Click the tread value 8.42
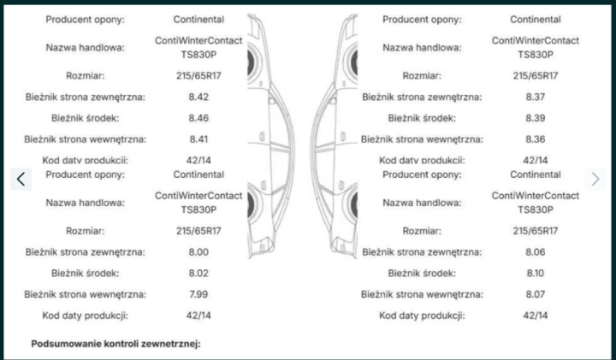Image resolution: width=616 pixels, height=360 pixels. [x=198, y=97]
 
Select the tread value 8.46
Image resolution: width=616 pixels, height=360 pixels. [x=198, y=118]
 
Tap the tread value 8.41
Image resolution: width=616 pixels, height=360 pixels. [x=198, y=139]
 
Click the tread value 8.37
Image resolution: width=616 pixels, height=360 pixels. [x=535, y=97]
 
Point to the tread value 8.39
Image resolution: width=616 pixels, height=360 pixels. [x=535, y=118]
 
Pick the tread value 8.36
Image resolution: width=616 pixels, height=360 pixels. [x=535, y=139]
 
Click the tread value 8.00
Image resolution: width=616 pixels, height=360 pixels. [x=198, y=252]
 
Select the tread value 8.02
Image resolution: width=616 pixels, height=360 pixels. [x=198, y=274]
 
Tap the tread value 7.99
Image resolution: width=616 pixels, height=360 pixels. [x=198, y=294]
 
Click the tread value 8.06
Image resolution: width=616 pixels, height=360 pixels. [x=535, y=252]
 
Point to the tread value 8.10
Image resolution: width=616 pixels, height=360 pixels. [x=535, y=274]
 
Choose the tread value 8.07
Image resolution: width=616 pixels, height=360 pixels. [x=535, y=294]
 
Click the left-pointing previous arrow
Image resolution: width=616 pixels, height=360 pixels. [x=21, y=179]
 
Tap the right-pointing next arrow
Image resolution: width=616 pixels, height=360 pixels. [x=595, y=179]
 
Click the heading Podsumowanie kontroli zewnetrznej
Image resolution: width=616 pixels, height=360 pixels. [x=115, y=344]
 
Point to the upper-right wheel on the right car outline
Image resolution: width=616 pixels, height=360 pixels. [x=354, y=62]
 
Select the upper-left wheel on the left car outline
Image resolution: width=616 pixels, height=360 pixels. [x=251, y=62]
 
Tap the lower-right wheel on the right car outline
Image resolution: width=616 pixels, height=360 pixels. [x=354, y=205]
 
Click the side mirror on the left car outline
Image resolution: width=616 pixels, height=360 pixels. [x=272, y=101]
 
